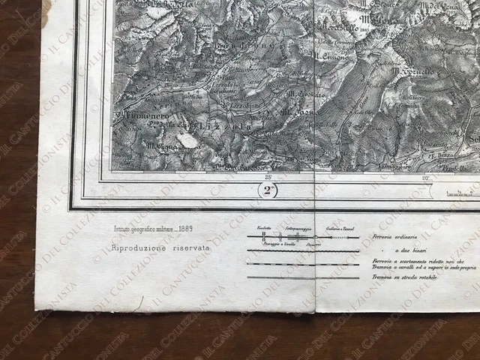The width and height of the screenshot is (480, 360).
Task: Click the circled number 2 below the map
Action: pyautogui.click(x=270, y=191)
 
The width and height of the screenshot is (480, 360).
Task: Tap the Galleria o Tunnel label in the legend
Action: pyautogui.click(x=340, y=228)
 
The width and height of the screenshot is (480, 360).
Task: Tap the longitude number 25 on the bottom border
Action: pyautogui.click(x=267, y=177)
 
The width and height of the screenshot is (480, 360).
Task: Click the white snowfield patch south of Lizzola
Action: pyautogui.click(x=188, y=140)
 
